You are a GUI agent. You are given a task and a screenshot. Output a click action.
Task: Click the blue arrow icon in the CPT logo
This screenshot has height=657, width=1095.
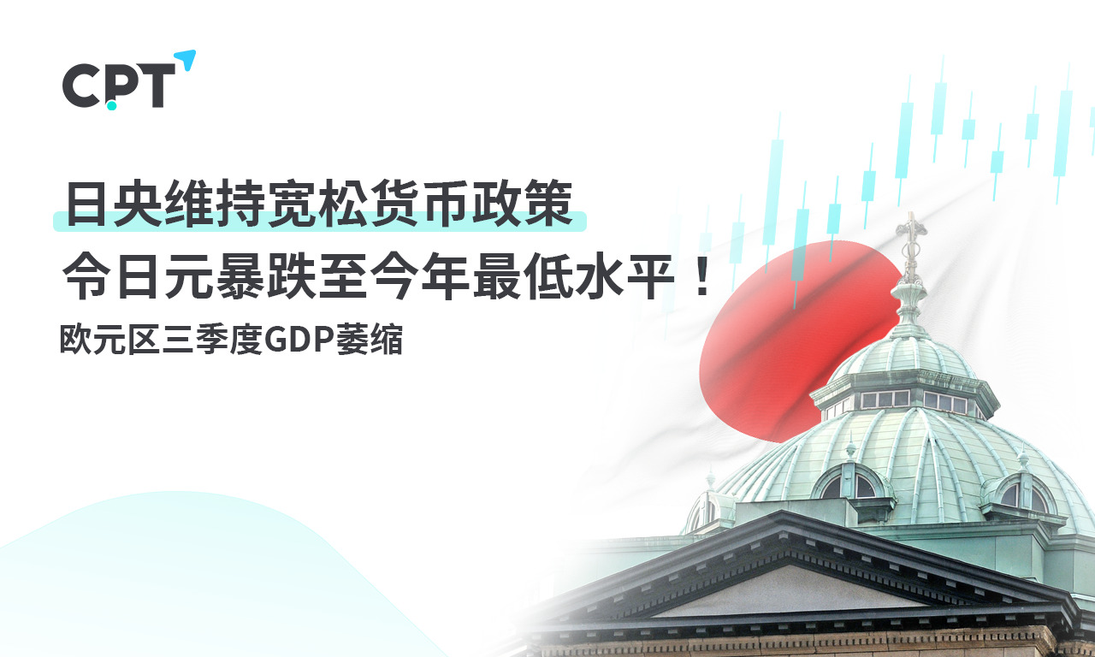187,60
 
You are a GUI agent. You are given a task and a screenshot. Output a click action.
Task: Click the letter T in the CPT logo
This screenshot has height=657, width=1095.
155,86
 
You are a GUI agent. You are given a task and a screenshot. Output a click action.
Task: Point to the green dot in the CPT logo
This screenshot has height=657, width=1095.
111,105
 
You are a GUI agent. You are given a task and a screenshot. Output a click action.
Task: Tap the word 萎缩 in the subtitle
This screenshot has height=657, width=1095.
370,340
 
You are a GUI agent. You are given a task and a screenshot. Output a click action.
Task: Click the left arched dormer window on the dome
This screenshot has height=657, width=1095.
849,483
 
